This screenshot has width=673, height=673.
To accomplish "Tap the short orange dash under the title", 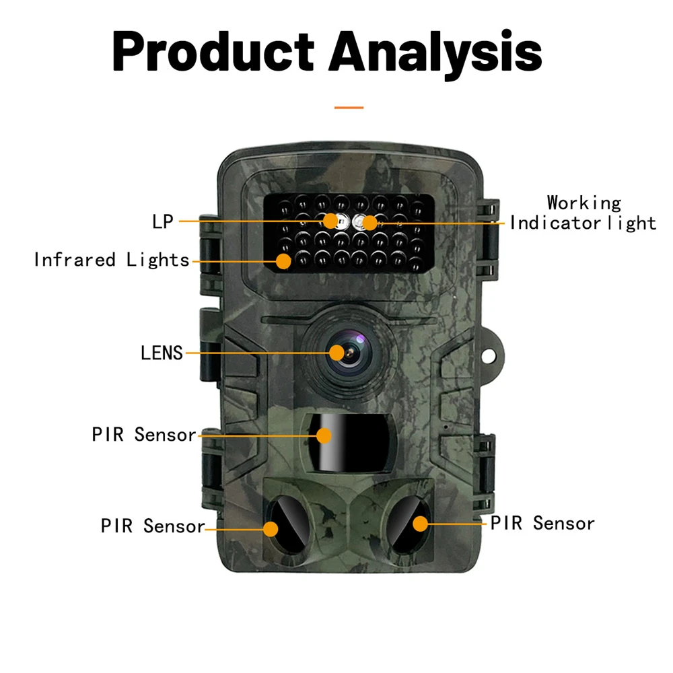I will pyautogui.click(x=349, y=107).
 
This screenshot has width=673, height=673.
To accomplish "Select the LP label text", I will pyautogui.click(x=163, y=221).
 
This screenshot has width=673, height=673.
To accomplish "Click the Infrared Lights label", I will pyautogui.click(x=112, y=260).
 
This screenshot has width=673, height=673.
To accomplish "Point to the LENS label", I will pyautogui.click(x=162, y=353).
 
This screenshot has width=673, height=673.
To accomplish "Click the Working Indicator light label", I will pyautogui.click(x=583, y=213).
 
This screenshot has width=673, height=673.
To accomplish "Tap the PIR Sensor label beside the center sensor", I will pyautogui.click(x=144, y=435).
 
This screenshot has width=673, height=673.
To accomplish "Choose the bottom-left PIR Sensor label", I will pyautogui.click(x=153, y=526).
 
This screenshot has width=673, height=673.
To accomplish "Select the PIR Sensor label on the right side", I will pyautogui.click(x=542, y=524).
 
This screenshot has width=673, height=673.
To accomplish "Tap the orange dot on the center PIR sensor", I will pyautogui.click(x=324, y=435).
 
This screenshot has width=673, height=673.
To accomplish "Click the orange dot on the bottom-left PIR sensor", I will pyautogui.click(x=271, y=528).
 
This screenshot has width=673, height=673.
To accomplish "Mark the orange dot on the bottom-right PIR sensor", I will pyautogui.click(x=421, y=524).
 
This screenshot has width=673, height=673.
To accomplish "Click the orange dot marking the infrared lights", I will pyautogui.click(x=283, y=260).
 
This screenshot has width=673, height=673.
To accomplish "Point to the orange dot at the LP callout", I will pyautogui.click(x=330, y=221).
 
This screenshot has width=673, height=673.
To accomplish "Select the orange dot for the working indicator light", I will pyautogui.click(x=369, y=221).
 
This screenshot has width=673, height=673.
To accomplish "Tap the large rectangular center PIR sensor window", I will pyautogui.click(x=347, y=441).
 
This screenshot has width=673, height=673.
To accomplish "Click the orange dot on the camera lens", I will pyautogui.click(x=337, y=352).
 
